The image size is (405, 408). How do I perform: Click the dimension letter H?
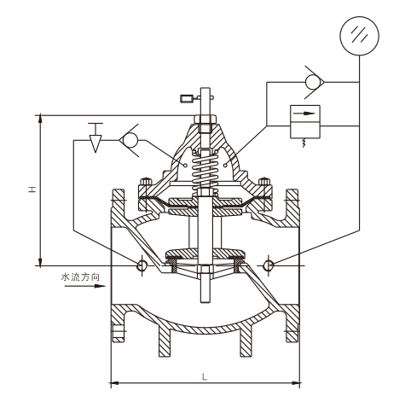click(32, 189)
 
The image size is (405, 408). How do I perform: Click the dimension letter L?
click(205, 178)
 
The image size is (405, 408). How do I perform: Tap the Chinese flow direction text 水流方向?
click(81, 277)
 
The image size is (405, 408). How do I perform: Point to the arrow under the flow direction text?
click(85, 286)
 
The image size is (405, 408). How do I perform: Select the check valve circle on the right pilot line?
click(313, 82)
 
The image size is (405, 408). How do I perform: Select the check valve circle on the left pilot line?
click(130, 140)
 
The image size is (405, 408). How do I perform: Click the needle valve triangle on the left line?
click(95, 143)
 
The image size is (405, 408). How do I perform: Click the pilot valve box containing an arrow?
click(305, 122)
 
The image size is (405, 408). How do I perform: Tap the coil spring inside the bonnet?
click(205, 171)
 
